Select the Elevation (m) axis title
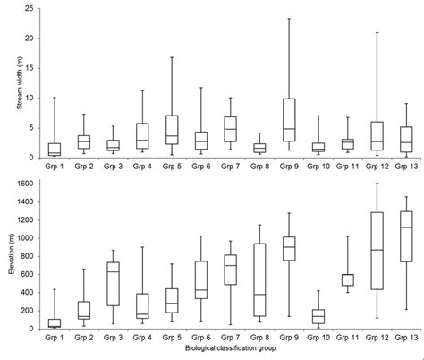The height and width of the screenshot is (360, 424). tap(10, 256)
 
